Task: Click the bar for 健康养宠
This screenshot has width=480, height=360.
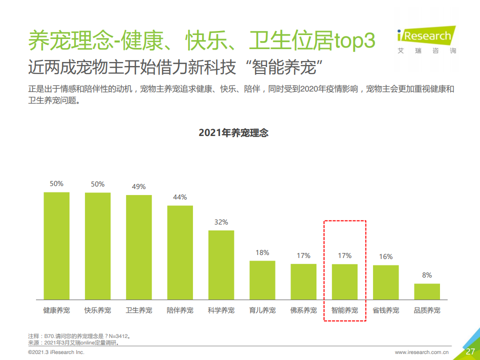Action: (x=56, y=245)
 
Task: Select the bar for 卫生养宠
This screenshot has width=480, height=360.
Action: (x=139, y=247)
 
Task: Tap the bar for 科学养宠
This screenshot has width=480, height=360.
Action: (x=221, y=264)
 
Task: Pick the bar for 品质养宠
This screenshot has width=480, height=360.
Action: (x=427, y=291)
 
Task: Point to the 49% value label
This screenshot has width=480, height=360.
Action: (x=139, y=186)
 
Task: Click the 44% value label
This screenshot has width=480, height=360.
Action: (x=180, y=197)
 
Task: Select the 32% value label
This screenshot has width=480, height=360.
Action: (x=221, y=222)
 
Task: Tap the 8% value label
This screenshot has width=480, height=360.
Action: (x=427, y=275)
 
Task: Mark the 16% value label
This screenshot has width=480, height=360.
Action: (x=386, y=256)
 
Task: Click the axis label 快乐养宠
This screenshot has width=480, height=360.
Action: (x=97, y=310)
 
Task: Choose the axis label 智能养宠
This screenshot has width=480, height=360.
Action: (x=344, y=310)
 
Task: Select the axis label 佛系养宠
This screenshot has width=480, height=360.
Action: (x=303, y=310)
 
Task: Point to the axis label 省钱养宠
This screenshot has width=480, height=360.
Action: (x=386, y=310)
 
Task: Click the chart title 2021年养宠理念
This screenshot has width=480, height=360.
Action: (x=233, y=132)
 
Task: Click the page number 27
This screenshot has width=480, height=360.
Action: (x=470, y=351)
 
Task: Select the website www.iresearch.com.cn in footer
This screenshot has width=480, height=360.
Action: (x=421, y=352)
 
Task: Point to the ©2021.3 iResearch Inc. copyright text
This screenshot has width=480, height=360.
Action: (x=56, y=352)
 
